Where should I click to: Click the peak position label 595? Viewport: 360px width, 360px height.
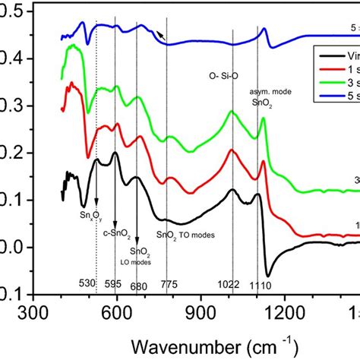113,284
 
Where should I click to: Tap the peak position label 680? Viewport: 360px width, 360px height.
139,284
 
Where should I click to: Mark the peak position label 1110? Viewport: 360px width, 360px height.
261,284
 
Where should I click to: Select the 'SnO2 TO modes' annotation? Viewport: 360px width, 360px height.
186,235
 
